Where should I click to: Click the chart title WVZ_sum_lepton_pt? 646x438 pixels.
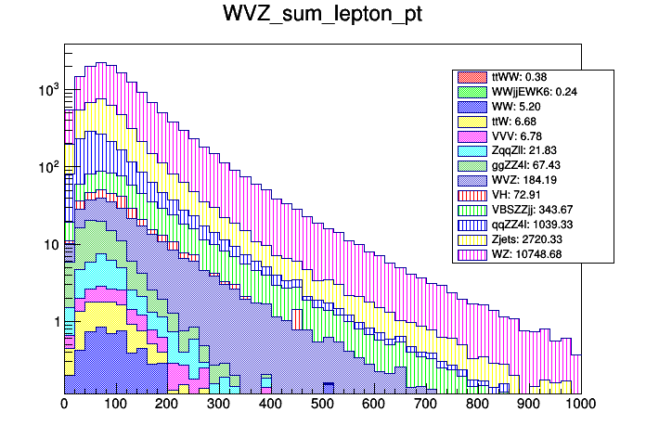point(322,15)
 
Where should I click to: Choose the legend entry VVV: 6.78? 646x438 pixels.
point(518,136)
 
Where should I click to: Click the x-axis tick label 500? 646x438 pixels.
point(322,405)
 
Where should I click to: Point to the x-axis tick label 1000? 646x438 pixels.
point(580,405)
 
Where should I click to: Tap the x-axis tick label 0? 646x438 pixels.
point(64,405)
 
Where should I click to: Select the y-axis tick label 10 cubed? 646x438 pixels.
point(47,90)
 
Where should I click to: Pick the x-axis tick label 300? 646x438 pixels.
point(219,405)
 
